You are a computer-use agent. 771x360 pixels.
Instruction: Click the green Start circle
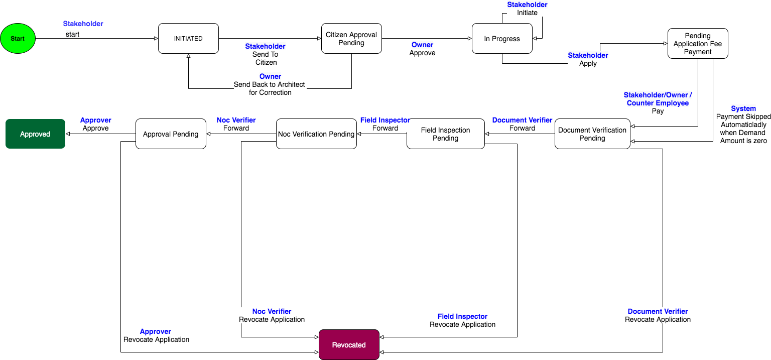tap(18, 39)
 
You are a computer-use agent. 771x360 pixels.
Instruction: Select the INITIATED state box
tap(188, 39)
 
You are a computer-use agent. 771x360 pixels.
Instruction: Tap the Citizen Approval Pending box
tap(351, 39)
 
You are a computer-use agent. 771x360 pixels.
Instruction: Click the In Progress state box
tap(502, 39)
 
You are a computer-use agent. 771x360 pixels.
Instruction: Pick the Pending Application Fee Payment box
tap(698, 44)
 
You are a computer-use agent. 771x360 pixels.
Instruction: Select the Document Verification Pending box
tap(592, 134)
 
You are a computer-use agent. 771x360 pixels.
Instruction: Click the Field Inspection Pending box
tap(445, 134)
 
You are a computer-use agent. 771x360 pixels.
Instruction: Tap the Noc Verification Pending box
tap(316, 134)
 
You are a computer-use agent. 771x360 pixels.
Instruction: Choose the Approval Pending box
tap(171, 134)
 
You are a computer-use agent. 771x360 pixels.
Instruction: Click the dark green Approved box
tap(35, 134)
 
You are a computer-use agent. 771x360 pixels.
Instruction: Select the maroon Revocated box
tap(349, 345)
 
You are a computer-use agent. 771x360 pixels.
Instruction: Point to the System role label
tap(743, 108)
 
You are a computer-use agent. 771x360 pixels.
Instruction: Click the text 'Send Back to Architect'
tap(270, 84)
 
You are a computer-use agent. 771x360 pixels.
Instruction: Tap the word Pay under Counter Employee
tap(658, 111)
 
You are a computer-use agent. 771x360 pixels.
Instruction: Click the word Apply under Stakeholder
tap(588, 64)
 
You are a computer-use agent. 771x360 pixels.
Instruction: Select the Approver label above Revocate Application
tap(156, 331)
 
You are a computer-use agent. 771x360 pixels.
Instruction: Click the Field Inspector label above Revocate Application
tap(462, 316)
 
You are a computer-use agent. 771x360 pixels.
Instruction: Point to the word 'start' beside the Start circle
tap(72, 34)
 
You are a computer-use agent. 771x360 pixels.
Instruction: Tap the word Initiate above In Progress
tap(527, 13)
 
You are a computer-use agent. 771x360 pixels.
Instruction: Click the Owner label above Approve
tap(422, 45)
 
